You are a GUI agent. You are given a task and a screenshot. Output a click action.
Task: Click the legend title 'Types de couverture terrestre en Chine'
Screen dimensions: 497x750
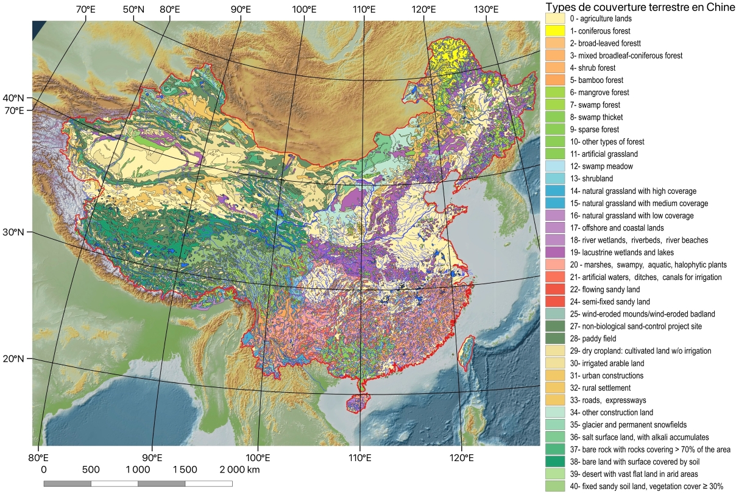645,7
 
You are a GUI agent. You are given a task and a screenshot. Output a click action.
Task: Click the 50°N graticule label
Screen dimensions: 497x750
133,10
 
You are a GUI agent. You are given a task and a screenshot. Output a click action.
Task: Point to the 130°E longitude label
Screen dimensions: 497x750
487,10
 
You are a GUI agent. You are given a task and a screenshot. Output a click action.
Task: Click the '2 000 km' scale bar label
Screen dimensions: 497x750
240,470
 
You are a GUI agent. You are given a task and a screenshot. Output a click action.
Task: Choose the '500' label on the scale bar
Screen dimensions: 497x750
91,470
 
